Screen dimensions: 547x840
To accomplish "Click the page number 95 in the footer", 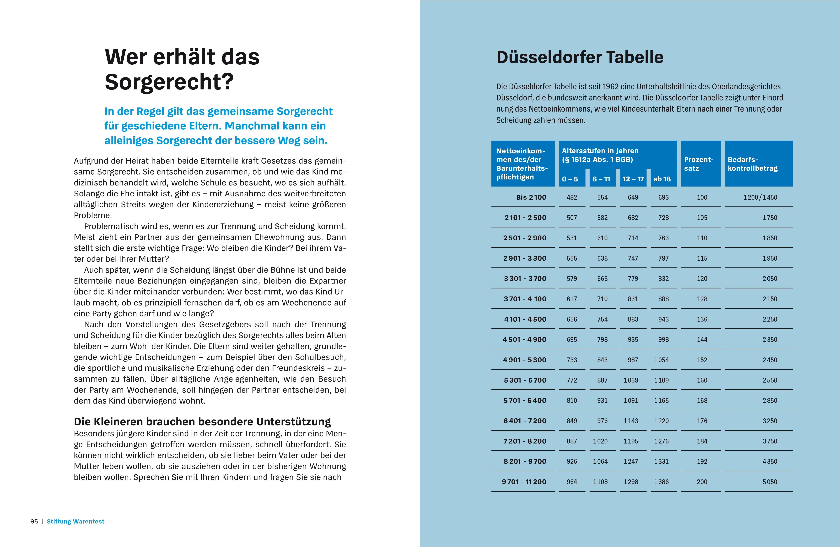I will (x=34, y=521).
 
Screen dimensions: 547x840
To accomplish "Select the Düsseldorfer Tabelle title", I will (x=580, y=57).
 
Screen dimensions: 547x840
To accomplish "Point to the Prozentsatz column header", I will (x=699, y=164).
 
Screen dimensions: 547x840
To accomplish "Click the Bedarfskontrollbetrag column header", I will (x=753, y=164).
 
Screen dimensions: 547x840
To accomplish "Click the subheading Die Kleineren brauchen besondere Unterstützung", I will (x=202, y=422).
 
